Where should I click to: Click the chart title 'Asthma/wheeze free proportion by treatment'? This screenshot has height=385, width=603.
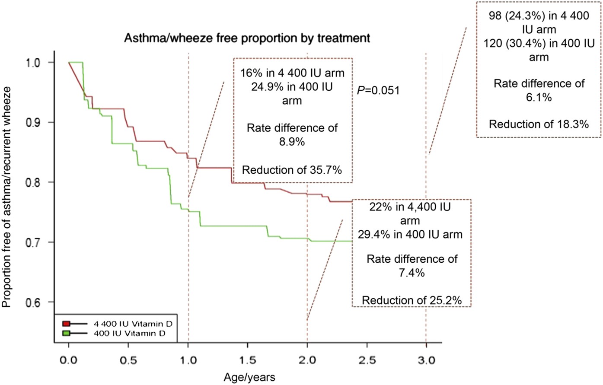pos(247,38)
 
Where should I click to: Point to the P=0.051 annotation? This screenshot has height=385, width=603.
pos(378,90)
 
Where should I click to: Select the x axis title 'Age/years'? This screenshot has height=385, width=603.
pos(249,377)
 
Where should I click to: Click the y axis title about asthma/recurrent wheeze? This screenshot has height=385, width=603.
pos(7,197)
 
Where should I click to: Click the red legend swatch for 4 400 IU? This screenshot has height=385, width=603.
pos(66,324)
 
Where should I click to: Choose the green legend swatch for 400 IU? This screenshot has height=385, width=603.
pos(66,333)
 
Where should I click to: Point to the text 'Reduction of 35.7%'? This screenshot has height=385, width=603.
pos(292,170)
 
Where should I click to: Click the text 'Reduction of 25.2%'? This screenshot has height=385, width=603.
pos(412,300)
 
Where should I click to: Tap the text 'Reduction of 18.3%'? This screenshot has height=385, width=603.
pos(539,124)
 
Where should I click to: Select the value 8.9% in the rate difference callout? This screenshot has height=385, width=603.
pos(292,141)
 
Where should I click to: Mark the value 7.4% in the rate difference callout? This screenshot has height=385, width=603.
pos(412,273)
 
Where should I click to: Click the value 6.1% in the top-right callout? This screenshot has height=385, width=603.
pos(539,97)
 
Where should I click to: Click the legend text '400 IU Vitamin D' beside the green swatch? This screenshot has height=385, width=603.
pos(130,333)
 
